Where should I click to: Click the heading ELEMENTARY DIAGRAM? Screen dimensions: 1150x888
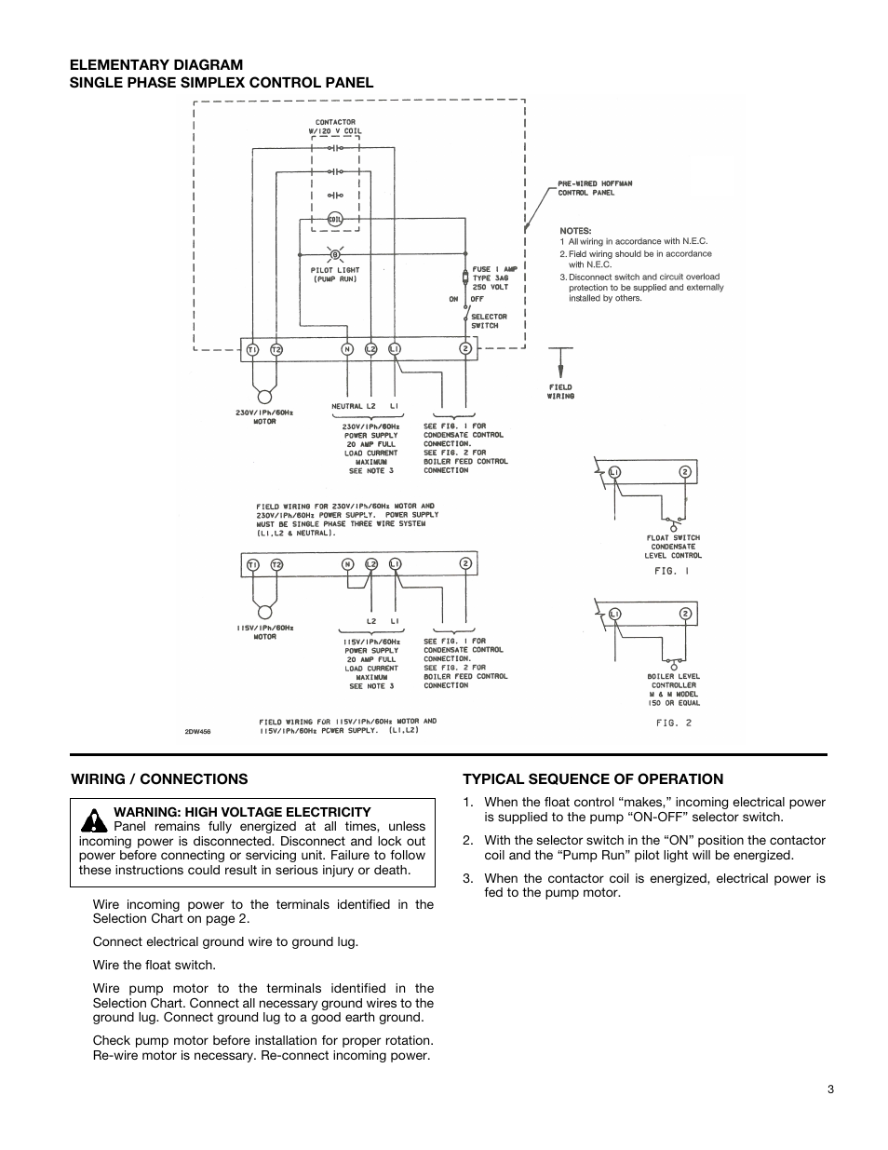pos(156,64)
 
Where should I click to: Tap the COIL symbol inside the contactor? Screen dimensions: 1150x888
pos(335,220)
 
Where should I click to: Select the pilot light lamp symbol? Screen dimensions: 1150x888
pos(335,254)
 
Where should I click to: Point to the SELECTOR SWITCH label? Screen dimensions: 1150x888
pos(489,321)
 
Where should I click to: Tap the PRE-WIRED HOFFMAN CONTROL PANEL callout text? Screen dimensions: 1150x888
pos(595,188)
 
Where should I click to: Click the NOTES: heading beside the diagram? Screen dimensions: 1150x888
pos(575,231)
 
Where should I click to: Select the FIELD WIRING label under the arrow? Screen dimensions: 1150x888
pos(560,391)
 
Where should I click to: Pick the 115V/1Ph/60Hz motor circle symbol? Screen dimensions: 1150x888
pos(264,612)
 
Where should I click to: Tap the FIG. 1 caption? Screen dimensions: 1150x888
pos(670,571)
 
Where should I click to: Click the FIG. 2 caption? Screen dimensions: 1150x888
pos(673,723)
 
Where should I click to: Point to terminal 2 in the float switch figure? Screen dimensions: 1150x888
pos(684,472)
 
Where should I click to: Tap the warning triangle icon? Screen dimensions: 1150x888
pos(93,820)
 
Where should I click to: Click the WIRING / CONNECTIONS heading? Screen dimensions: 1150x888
pos(160,779)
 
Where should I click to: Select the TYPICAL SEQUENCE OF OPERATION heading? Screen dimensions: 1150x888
pos(593,779)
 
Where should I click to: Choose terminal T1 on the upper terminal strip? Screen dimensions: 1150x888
pos(252,349)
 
